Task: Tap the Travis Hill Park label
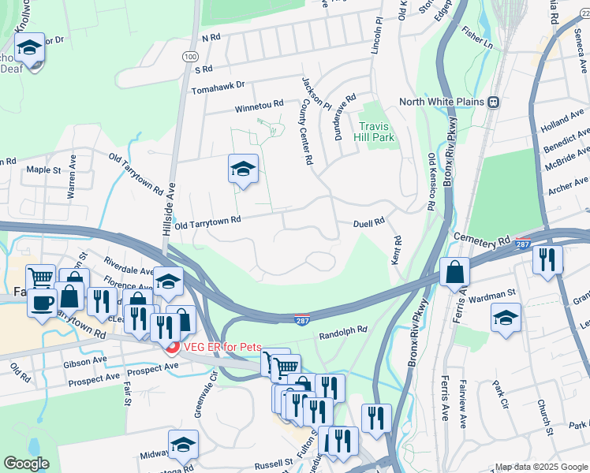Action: (x=376, y=132)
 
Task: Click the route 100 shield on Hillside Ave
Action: (x=189, y=57)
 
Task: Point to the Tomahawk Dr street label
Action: (x=218, y=84)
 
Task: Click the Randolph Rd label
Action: (x=343, y=333)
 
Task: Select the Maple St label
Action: (x=43, y=169)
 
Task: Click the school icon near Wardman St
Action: (x=506, y=318)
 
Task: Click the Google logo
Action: (x=26, y=464)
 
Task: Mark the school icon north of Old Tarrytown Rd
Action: (x=243, y=168)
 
